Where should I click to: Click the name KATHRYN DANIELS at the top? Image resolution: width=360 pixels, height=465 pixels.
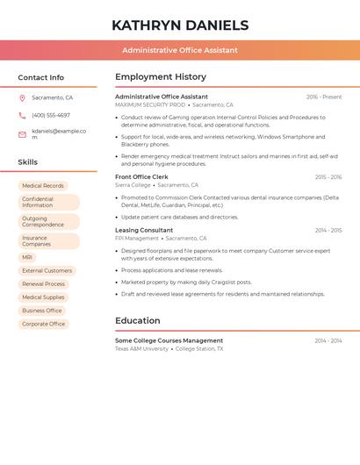[x=180, y=25]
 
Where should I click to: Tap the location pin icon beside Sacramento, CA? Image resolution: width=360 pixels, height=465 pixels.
[x=22, y=98]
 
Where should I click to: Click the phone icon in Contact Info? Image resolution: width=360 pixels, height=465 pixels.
[x=22, y=115]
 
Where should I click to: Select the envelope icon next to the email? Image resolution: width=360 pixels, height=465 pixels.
[x=22, y=133]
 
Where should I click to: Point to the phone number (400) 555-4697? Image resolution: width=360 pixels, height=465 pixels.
[x=51, y=115]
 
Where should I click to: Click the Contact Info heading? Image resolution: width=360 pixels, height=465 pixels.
[x=40, y=77]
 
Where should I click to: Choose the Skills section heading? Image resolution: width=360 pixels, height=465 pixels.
[x=27, y=162]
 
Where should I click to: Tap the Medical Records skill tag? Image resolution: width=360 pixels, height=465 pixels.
[x=43, y=186]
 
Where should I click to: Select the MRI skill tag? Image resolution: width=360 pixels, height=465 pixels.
[x=27, y=257]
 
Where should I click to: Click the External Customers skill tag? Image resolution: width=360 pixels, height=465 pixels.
[x=47, y=270]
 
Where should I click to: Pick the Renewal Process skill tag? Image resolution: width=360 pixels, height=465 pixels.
[x=44, y=284]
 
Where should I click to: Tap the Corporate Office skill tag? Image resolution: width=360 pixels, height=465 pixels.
[x=44, y=324]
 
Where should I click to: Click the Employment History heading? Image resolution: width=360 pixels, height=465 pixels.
[x=161, y=77]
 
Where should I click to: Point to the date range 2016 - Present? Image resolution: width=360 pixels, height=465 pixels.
[x=324, y=97]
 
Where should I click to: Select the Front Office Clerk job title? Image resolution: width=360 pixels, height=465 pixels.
[x=141, y=177]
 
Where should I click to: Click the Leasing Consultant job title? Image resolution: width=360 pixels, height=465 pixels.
[x=144, y=230]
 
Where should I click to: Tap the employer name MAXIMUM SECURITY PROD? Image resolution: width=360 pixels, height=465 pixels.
[x=150, y=104]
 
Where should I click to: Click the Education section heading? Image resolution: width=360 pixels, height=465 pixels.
[x=137, y=320]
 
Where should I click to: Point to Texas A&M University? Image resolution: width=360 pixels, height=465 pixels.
[x=141, y=348]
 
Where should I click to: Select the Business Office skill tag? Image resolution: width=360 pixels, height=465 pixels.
[x=42, y=311]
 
